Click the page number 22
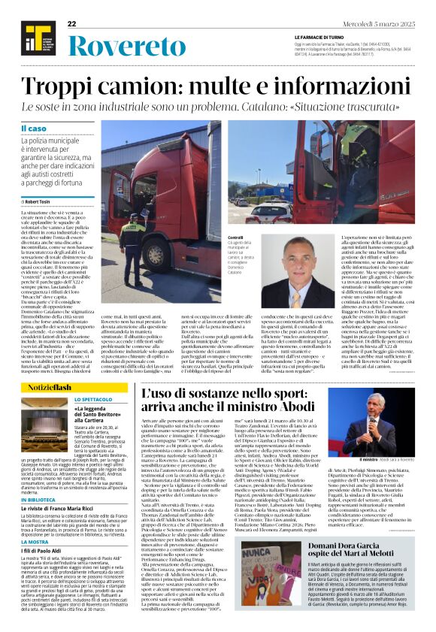click(x=72, y=23)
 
